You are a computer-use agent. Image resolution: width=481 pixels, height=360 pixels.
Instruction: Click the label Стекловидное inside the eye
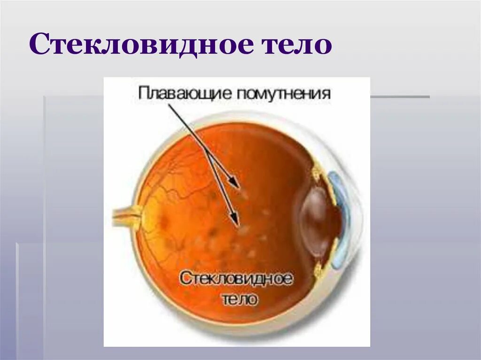[236, 278]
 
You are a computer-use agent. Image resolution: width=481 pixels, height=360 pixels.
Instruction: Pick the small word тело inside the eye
[239, 299]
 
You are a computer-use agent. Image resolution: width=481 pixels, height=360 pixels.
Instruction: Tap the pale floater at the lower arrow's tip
[243, 230]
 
